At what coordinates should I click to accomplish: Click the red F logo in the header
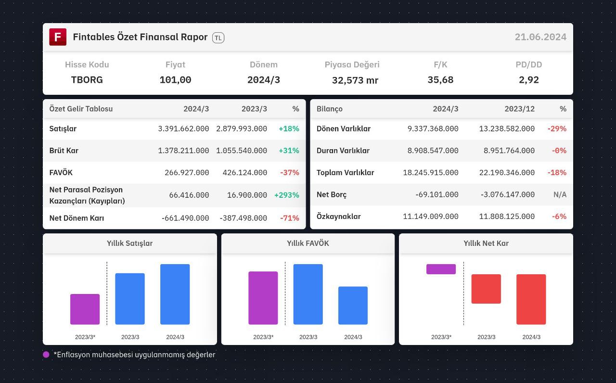58,37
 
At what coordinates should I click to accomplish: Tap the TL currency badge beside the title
218,38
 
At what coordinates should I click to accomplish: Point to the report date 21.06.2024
540,37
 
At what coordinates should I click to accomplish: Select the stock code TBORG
87,80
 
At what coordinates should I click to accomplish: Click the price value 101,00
175,80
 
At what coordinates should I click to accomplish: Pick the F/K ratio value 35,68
440,80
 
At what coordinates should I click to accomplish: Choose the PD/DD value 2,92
528,80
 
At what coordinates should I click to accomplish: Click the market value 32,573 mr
355,80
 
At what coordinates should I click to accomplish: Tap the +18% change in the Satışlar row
289,128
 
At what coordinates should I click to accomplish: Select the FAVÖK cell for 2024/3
187,173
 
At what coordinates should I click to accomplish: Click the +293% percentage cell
286,195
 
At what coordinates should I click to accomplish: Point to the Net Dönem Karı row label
77,218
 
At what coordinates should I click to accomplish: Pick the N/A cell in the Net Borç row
560,195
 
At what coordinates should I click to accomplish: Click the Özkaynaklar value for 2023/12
507,217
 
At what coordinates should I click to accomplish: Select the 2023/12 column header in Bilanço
519,109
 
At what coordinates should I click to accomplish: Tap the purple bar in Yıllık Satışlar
85,309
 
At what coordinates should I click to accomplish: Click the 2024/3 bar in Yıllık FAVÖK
353,306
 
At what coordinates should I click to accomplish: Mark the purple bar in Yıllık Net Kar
441,269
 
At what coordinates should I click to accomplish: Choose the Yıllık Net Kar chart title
486,243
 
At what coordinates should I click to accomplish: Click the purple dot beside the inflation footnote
46,355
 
